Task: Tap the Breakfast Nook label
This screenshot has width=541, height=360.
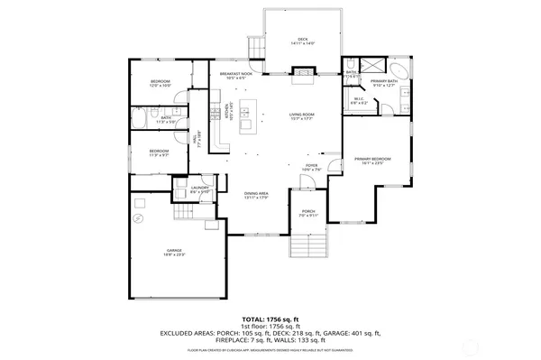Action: coord(234,75)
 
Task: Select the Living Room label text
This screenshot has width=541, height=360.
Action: coord(301,117)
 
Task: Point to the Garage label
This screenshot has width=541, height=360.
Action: coord(173,252)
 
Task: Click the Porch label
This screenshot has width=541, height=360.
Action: coord(308,214)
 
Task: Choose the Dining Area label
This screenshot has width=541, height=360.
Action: coord(257,196)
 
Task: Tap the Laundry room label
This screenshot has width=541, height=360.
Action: coord(199,189)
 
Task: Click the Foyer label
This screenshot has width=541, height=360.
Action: coord(311,169)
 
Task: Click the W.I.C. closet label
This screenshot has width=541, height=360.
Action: coord(357,102)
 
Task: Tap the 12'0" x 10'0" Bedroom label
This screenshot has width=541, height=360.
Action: coord(160,84)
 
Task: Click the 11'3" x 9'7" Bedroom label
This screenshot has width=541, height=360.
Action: coord(159,152)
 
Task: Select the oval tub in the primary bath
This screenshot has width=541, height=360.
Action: coord(398,69)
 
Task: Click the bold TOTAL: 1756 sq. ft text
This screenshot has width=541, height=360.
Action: coord(270,319)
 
